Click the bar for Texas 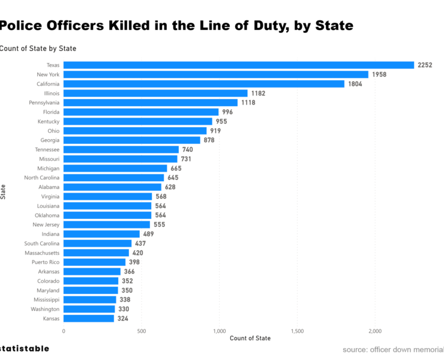[x=239, y=65]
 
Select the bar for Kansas [x=89, y=319]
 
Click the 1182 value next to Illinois [x=258, y=93]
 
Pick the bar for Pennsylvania [x=151, y=103]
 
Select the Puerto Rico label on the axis [x=46, y=262]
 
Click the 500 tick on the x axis [x=141, y=331]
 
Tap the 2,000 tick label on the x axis [x=375, y=331]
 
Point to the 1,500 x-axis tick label [x=297, y=331]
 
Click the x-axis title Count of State [x=250, y=339]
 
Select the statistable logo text [x=24, y=348]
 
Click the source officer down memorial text [x=393, y=349]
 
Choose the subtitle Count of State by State [x=37, y=48]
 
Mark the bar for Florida [x=141, y=112]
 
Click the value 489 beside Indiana [x=149, y=234]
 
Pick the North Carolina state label [x=41, y=178]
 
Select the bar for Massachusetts [x=96, y=253]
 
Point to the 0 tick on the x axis [x=64, y=331]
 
